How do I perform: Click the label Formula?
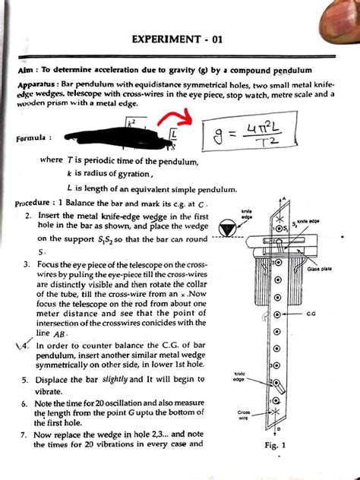point(32,139)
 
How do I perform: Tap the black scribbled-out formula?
point(114,137)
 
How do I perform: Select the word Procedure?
point(36,204)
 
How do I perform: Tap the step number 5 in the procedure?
point(25,379)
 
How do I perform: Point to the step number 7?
point(25,435)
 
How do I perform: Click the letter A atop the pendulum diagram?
point(285,200)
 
